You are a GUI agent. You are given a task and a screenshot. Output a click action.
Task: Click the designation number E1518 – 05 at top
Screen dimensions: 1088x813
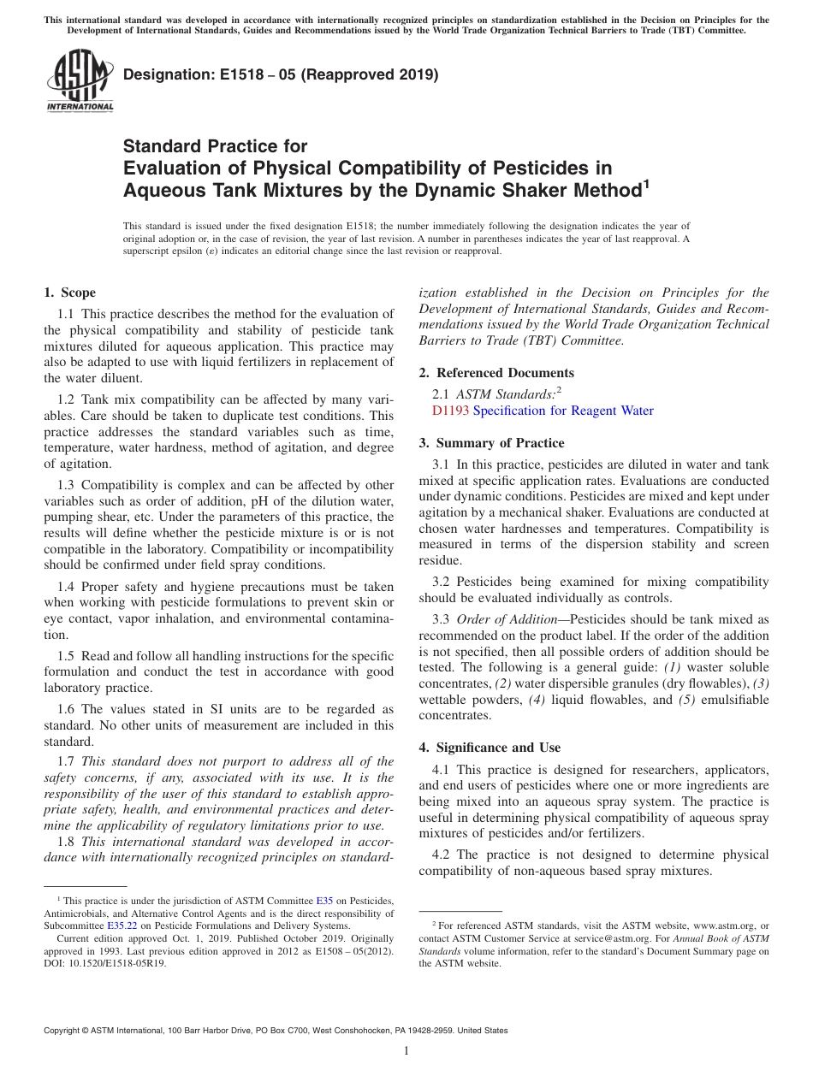pyautogui.click(x=281, y=74)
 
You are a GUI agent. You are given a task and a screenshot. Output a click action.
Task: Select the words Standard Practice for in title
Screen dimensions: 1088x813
pyautogui.click(x=215, y=146)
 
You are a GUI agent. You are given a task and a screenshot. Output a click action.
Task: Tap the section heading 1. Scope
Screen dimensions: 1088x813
pyautogui.click(x=69, y=293)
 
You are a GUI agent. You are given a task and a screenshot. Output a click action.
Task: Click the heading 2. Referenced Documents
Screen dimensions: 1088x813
pyautogui.click(x=496, y=373)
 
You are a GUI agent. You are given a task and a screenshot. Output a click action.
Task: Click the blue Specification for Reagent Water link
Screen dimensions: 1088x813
pyautogui.click(x=563, y=411)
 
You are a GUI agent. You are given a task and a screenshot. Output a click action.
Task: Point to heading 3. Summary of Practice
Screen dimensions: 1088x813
pyautogui.click(x=491, y=443)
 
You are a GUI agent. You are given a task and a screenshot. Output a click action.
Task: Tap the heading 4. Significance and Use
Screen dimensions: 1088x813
pyautogui.click(x=490, y=747)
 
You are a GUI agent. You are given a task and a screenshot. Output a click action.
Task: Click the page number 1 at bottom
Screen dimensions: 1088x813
pyautogui.click(x=406, y=1051)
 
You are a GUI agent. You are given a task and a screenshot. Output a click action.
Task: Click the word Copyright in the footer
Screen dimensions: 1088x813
pyautogui.click(x=62, y=1031)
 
